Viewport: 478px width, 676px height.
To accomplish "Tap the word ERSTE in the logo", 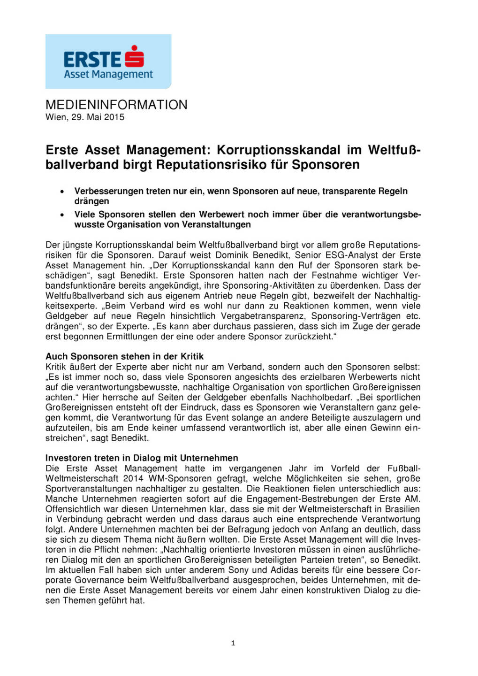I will (x=92, y=60).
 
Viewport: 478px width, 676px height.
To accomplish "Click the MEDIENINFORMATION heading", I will (x=116, y=105).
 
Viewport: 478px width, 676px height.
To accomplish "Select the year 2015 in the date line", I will (x=114, y=117).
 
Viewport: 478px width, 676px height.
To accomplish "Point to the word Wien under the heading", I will (x=55, y=117).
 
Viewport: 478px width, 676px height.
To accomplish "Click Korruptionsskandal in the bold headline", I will (x=279, y=150).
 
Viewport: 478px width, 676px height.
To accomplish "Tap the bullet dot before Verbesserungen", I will (x=62, y=192).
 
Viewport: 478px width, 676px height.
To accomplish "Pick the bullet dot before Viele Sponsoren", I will (x=62, y=215).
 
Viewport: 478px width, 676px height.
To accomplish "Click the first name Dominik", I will (x=232, y=255).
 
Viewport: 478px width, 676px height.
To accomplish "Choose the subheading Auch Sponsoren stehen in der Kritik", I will (x=124, y=356).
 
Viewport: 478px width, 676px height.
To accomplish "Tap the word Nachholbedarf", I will (x=321, y=397).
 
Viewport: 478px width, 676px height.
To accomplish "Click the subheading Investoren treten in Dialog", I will (x=142, y=458).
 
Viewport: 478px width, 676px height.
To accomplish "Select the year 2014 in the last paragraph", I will (x=133, y=478).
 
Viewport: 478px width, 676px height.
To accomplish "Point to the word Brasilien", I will (x=402, y=509).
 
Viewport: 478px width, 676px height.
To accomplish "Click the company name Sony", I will (x=238, y=570).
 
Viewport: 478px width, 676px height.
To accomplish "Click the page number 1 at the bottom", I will (x=233, y=643).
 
